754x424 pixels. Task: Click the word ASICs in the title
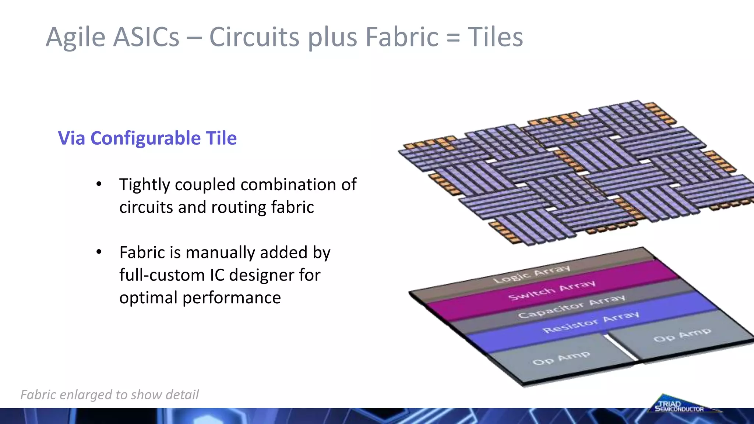coord(146,37)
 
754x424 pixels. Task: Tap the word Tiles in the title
coord(495,37)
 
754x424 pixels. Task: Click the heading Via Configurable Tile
coord(147,138)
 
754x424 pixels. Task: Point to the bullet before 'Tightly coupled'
coord(99,184)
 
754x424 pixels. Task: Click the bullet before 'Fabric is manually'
coord(99,252)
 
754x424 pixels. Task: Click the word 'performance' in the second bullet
coord(232,297)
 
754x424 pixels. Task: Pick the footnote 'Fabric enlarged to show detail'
coord(109,395)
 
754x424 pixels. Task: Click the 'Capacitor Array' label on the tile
coord(571,306)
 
